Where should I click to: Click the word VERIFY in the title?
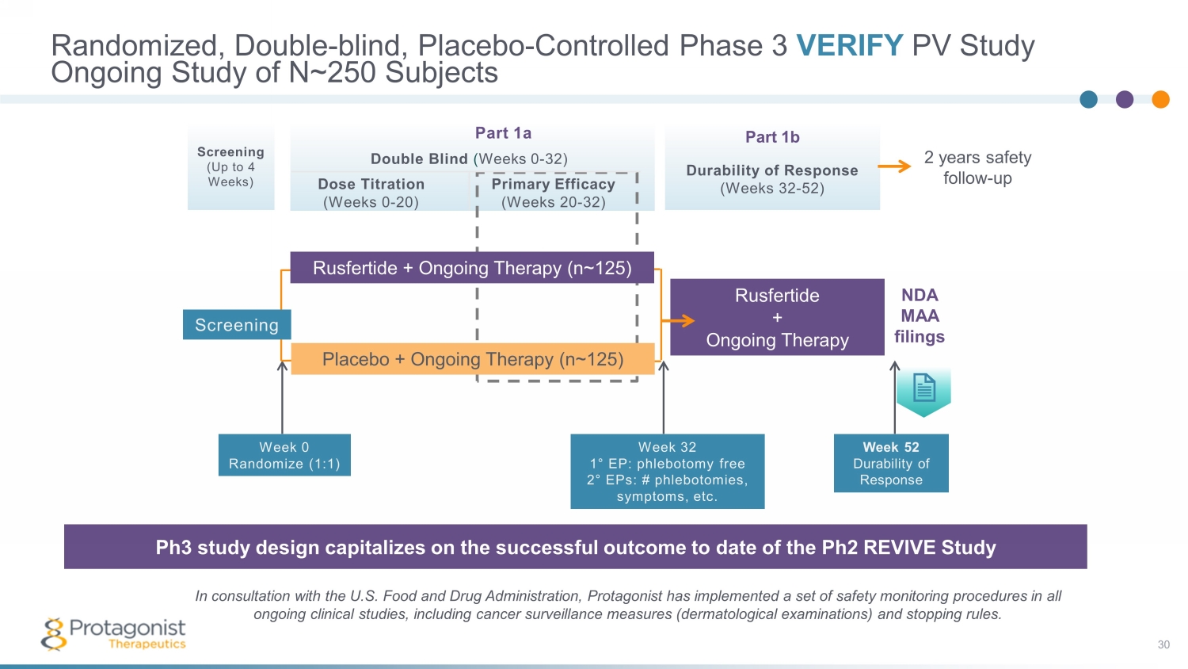pyautogui.click(x=849, y=45)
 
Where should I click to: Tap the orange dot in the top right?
pyautogui.click(x=1160, y=99)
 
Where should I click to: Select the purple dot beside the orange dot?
pyautogui.click(x=1125, y=99)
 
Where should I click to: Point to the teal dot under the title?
pyautogui.click(x=1089, y=99)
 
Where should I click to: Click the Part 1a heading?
pyautogui.click(x=503, y=133)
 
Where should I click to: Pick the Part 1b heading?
pyautogui.click(x=772, y=137)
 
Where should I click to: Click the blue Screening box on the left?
pyautogui.click(x=237, y=325)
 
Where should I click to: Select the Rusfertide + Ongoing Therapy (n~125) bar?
pyautogui.click(x=472, y=268)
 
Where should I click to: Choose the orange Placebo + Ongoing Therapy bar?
pyautogui.click(x=473, y=359)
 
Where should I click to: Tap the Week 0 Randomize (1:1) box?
pyautogui.click(x=284, y=455)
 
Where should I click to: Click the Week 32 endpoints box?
pyautogui.click(x=668, y=472)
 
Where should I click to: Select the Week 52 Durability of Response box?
pyautogui.click(x=891, y=464)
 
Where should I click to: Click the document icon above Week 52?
pyautogui.click(x=924, y=388)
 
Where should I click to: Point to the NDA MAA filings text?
pyautogui.click(x=920, y=315)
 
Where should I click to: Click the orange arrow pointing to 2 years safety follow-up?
pyautogui.click(x=895, y=166)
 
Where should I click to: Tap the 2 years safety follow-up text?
pyautogui.click(x=977, y=167)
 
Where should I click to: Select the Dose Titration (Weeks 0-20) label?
pyautogui.click(x=371, y=193)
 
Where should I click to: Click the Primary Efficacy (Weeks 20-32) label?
pyautogui.click(x=553, y=193)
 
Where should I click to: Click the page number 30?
pyautogui.click(x=1163, y=644)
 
